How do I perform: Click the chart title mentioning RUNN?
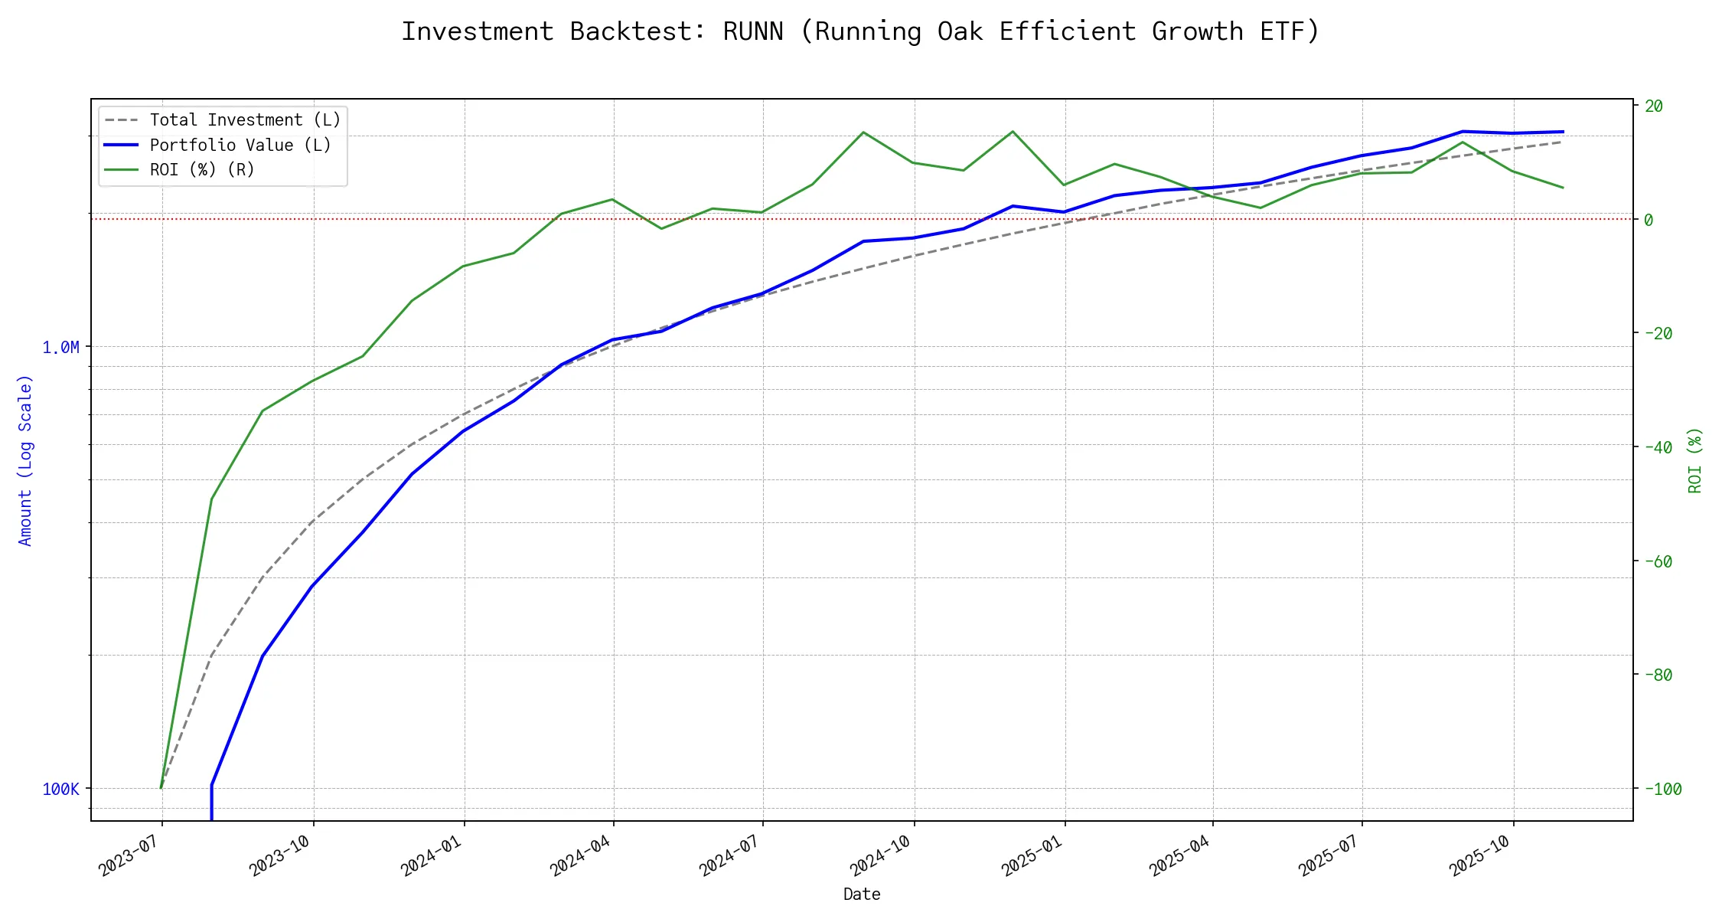pos(860,31)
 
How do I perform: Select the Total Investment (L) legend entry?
pos(245,120)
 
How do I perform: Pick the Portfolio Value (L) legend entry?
pos(240,146)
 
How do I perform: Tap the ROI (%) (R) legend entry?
pos(202,170)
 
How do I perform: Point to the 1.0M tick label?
pos(60,348)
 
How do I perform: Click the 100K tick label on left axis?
pos(60,790)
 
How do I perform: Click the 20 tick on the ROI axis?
pos(1654,106)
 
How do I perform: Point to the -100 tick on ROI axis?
pos(1662,790)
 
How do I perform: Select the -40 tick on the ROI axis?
pos(1658,448)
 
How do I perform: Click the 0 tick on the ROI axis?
pos(1649,221)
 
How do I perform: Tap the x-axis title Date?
pos(862,894)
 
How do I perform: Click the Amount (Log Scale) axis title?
pos(25,460)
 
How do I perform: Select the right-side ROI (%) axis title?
pos(1695,460)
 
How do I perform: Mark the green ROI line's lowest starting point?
pos(161,787)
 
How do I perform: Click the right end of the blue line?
pos(1563,132)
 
